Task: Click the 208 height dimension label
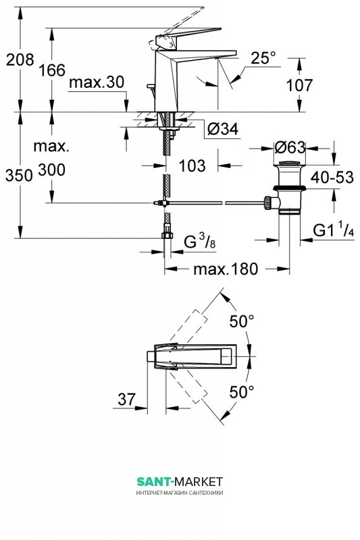pos(20,59)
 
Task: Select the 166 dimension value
pos(52,70)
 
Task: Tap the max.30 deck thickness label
pos(97,82)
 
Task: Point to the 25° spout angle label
pos(263,58)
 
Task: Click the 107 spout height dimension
pos(299,85)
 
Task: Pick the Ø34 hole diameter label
pos(222,129)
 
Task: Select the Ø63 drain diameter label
pos(290,148)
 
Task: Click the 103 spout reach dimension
pos(192,165)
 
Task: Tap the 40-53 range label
pos(332,178)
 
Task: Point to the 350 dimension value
pos(19,175)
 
